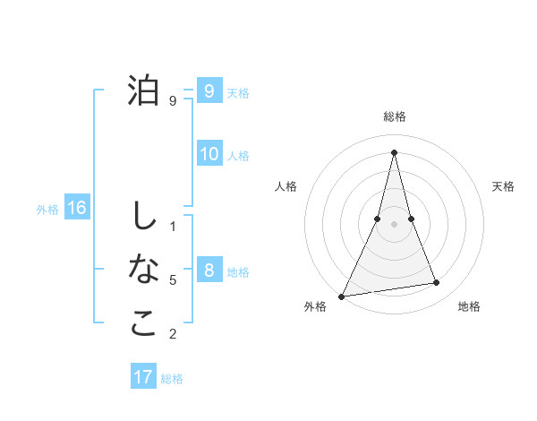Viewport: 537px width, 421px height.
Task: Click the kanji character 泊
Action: click(x=143, y=90)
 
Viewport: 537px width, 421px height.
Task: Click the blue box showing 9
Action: click(x=209, y=90)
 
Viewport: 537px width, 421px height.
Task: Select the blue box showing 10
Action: click(x=209, y=154)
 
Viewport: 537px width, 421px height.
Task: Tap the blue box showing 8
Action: click(x=209, y=271)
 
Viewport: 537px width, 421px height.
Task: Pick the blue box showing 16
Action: click(x=77, y=209)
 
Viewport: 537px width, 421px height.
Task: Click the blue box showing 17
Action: click(x=143, y=377)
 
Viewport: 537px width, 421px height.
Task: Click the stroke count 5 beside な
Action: click(x=173, y=280)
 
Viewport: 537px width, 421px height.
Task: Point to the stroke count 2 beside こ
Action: click(x=173, y=335)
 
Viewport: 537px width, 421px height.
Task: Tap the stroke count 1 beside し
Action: click(x=173, y=226)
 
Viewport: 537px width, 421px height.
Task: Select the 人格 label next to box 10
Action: click(x=238, y=156)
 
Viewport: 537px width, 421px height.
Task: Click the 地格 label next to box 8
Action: click(x=238, y=272)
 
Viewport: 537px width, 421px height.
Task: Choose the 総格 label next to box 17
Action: click(x=172, y=379)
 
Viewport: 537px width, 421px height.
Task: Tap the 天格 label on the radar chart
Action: click(x=504, y=186)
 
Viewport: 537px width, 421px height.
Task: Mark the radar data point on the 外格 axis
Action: click(x=342, y=296)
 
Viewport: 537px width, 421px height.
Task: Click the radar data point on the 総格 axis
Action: click(x=394, y=151)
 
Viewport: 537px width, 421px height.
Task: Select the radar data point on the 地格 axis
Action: click(x=437, y=283)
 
